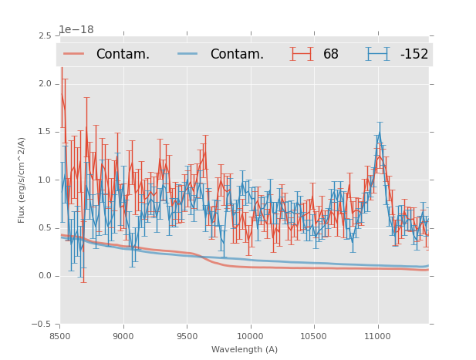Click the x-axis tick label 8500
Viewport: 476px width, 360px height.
click(x=60, y=336)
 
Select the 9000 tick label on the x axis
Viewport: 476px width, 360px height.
click(x=123, y=336)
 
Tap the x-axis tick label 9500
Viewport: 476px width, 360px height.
click(x=187, y=336)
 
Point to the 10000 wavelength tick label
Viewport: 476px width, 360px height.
click(x=250, y=336)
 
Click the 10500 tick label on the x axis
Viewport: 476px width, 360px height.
click(x=314, y=336)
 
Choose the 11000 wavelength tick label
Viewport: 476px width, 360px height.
click(x=377, y=336)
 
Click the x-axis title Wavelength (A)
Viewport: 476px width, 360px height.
click(x=245, y=349)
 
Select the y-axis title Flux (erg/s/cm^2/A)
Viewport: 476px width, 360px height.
click(x=22, y=180)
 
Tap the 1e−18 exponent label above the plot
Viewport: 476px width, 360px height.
click(x=76, y=30)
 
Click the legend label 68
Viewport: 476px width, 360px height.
click(x=331, y=55)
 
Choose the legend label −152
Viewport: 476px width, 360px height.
click(x=414, y=55)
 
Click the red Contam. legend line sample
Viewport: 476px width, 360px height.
click(x=74, y=54)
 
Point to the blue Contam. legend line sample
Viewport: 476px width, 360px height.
click(x=188, y=54)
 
